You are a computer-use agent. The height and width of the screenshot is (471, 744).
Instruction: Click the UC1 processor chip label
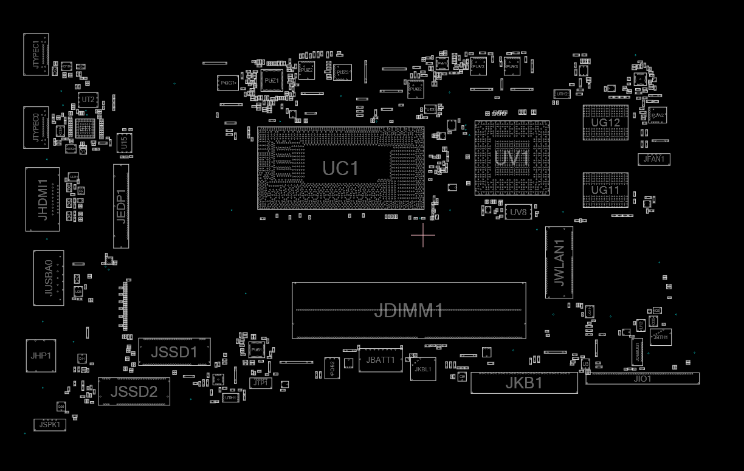pos(340,168)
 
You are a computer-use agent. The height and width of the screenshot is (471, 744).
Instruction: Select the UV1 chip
pos(512,158)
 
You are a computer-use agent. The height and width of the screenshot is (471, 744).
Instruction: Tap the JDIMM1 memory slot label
pos(408,311)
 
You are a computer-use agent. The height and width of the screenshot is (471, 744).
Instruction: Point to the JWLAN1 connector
pos(559,263)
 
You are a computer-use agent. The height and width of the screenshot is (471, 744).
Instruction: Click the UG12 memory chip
pos(605,122)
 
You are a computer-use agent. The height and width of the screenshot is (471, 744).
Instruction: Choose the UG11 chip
pos(605,190)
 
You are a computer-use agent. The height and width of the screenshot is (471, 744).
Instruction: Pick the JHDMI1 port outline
pos(43,199)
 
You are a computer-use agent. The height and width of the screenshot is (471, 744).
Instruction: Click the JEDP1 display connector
pos(121,206)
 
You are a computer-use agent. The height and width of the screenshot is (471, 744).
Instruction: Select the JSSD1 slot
pos(174,352)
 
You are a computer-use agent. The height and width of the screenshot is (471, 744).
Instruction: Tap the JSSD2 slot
pos(134,392)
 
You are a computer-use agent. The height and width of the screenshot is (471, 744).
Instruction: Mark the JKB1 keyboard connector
pos(524,383)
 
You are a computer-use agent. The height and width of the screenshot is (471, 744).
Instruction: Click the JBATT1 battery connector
pos(381,360)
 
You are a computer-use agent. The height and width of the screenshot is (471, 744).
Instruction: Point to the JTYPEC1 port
pos(36,55)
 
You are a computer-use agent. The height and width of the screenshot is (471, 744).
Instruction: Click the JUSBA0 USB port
pos(49,278)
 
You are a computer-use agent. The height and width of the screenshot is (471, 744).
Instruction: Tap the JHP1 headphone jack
pos(41,356)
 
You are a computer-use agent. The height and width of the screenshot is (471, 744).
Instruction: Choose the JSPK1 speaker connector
pos(49,425)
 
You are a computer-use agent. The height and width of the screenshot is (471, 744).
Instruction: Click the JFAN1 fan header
pos(654,159)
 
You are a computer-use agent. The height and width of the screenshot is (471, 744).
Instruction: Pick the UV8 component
pos(518,212)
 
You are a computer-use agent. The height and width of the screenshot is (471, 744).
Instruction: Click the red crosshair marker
pos(423,235)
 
